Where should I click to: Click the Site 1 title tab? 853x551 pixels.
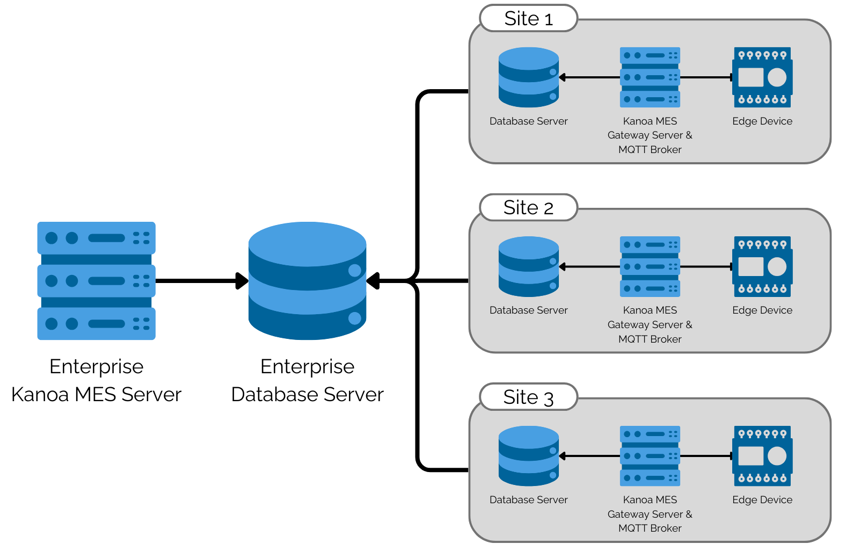tap(528, 19)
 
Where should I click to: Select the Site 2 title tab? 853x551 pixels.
tap(528, 208)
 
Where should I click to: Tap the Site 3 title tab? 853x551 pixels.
tap(528, 397)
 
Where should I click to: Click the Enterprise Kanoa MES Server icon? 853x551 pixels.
tap(96, 280)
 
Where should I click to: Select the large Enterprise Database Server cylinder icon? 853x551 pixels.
tap(307, 280)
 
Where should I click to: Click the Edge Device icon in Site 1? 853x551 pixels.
tap(762, 77)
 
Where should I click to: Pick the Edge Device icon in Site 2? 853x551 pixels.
tap(762, 266)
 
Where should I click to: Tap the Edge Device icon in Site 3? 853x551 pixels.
tap(762, 456)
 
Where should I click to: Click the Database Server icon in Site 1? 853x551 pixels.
tap(528, 77)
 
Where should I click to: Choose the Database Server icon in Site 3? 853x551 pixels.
tap(528, 456)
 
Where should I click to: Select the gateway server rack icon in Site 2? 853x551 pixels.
tap(650, 266)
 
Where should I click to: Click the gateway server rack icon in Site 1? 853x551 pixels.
tap(650, 77)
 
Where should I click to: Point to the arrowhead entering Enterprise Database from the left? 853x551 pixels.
tap(242, 280)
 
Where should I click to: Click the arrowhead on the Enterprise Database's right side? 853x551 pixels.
tap(373, 280)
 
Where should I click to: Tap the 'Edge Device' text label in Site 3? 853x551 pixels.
tap(762, 500)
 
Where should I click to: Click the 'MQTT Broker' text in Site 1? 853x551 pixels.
tap(650, 150)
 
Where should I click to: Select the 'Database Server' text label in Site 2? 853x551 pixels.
tap(528, 310)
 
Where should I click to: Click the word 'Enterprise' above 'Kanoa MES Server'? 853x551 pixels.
tap(96, 366)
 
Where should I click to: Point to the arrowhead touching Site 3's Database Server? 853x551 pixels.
tap(563, 456)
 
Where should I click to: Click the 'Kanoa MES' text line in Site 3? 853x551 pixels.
tap(650, 500)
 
